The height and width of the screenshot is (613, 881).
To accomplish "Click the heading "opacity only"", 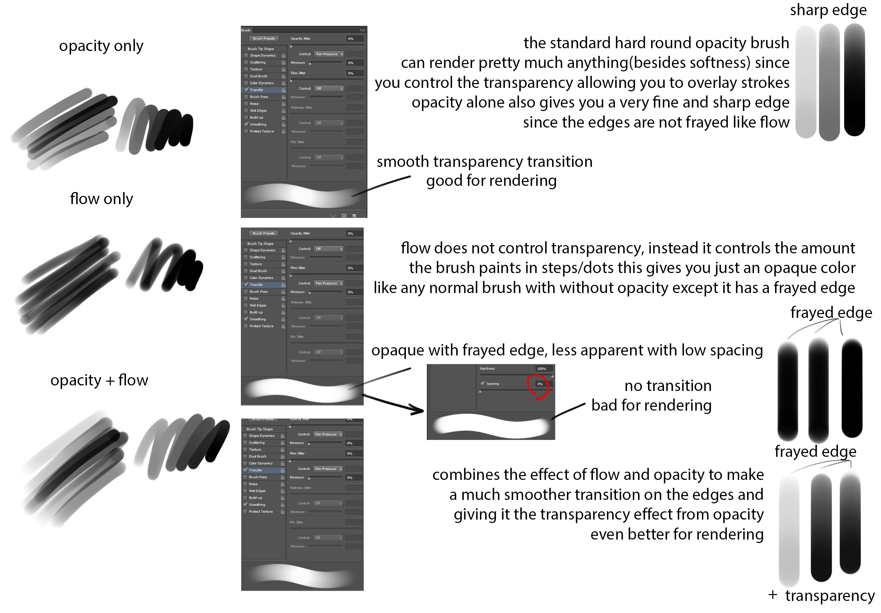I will (x=101, y=46).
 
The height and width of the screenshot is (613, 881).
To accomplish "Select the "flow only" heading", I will (x=101, y=199).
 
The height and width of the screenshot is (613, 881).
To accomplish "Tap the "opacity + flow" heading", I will (x=99, y=380).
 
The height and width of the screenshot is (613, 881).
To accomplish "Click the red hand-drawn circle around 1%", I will (x=538, y=387).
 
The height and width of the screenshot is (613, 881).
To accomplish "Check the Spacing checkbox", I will (x=483, y=383).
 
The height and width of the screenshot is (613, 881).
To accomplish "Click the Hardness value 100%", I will (x=541, y=369).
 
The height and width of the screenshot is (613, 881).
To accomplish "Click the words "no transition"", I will (x=668, y=386).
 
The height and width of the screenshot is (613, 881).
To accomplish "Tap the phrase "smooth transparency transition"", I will (x=484, y=162).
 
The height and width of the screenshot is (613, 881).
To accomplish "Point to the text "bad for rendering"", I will (x=651, y=405).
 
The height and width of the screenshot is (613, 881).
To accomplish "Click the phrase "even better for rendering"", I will (x=677, y=534).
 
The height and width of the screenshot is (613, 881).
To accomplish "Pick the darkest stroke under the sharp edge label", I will (x=854, y=81).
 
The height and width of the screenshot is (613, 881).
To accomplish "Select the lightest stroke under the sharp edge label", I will (x=805, y=82).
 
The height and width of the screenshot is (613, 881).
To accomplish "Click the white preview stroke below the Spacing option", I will (x=491, y=425).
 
